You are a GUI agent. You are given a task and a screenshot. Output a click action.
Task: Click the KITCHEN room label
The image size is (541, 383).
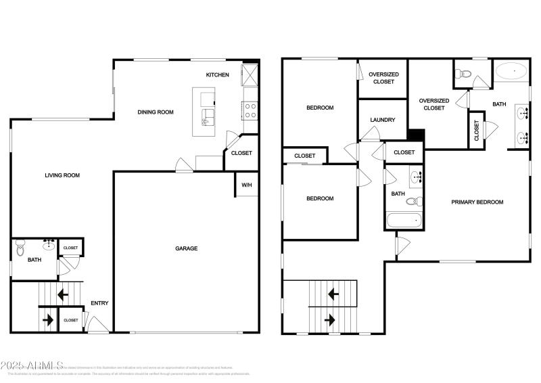(x=218, y=74)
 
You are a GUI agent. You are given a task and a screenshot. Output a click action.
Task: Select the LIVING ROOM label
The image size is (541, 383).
(x=62, y=175)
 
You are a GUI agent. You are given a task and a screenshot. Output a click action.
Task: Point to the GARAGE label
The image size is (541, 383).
(x=187, y=248)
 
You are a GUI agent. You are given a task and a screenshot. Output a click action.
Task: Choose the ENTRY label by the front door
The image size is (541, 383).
(x=99, y=303)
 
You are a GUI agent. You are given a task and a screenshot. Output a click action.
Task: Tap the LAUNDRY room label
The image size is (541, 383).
(x=382, y=120)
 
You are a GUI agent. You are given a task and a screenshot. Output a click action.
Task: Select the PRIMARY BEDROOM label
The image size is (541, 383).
(x=477, y=202)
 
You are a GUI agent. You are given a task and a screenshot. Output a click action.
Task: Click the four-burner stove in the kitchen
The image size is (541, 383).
(x=250, y=110)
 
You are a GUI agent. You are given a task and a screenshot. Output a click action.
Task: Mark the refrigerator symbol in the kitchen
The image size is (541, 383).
(x=250, y=74)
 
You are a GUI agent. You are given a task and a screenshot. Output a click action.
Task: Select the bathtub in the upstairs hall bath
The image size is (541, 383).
(x=404, y=221)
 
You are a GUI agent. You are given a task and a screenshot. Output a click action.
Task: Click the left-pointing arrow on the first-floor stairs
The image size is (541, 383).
(x=62, y=295)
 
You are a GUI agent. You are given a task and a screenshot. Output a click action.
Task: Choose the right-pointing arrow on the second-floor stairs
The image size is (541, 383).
(x=330, y=319)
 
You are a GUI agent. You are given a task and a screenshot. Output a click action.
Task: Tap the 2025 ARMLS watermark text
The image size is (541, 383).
(x=32, y=365)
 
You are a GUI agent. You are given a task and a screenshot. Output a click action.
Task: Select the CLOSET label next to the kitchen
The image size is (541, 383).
(x=241, y=153)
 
